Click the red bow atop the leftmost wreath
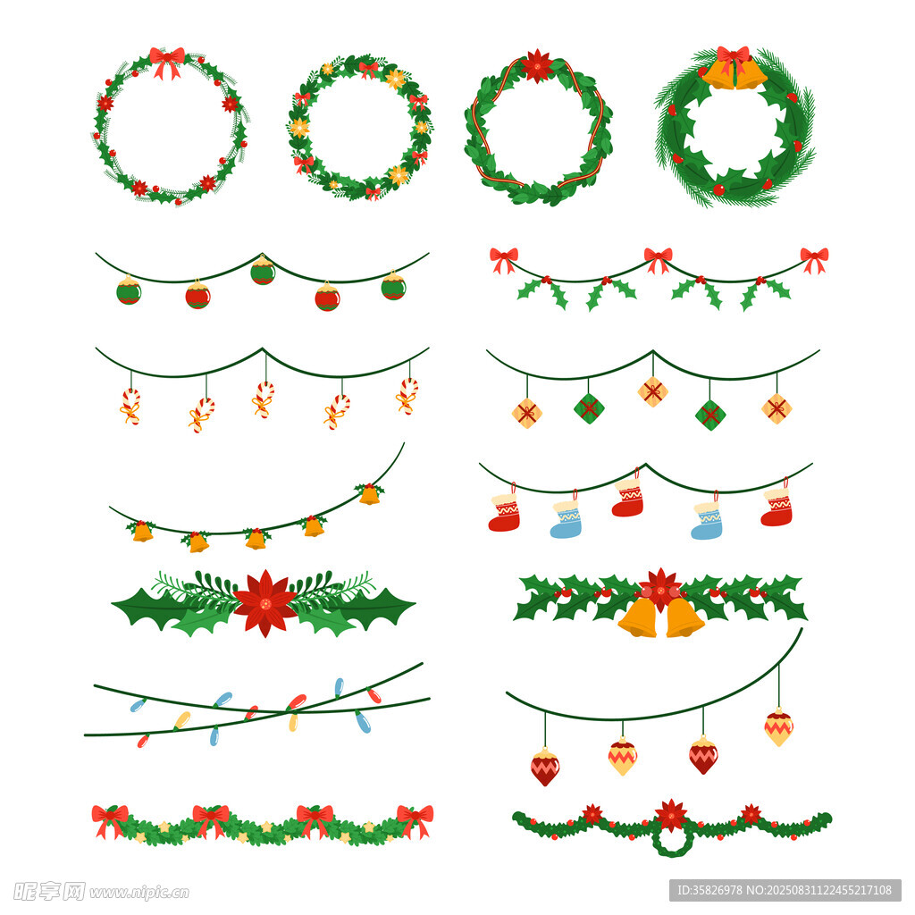pyautogui.click(x=167, y=62)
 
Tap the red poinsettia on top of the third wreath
pyautogui.click(x=536, y=65)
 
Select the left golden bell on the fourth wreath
pyautogui.click(x=720, y=74)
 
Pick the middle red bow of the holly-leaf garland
pyautogui.click(x=659, y=260)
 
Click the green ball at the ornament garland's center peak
pyautogui.click(x=263, y=270)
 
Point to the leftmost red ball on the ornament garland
pyautogui.click(x=197, y=294)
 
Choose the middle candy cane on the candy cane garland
pyautogui.click(x=264, y=399)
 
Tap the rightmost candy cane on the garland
pyautogui.click(x=407, y=396)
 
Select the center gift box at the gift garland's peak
pyautogui.click(x=653, y=391)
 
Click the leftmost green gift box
pyautogui.click(x=589, y=408)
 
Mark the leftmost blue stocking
pyautogui.click(x=567, y=518)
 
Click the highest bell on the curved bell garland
pyautogui.click(x=369, y=493)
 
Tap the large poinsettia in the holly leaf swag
pyautogui.click(x=264, y=603)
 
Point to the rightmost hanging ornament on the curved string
pyautogui.click(x=779, y=726)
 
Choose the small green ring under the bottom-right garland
pyautogui.click(x=672, y=840)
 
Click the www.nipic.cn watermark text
pyautogui.click(x=139, y=893)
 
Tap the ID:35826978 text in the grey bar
pyautogui.click(x=709, y=891)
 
